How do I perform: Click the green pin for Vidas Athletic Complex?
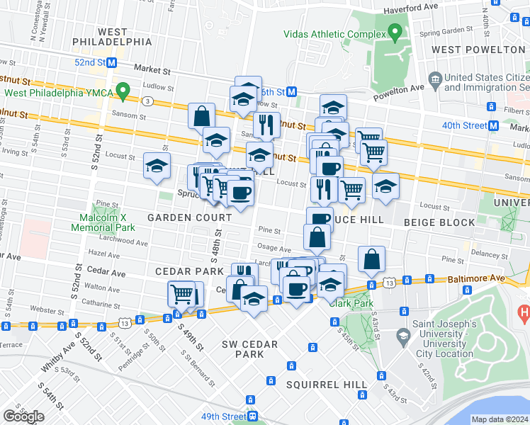point(395,33)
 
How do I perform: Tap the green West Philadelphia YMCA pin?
point(123,91)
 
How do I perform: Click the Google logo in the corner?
point(23,416)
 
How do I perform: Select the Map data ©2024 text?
point(500,419)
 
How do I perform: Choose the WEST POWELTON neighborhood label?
point(478,50)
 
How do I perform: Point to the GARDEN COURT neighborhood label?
point(180,217)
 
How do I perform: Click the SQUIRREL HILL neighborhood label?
point(327,385)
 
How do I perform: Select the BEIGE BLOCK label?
point(439,222)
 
